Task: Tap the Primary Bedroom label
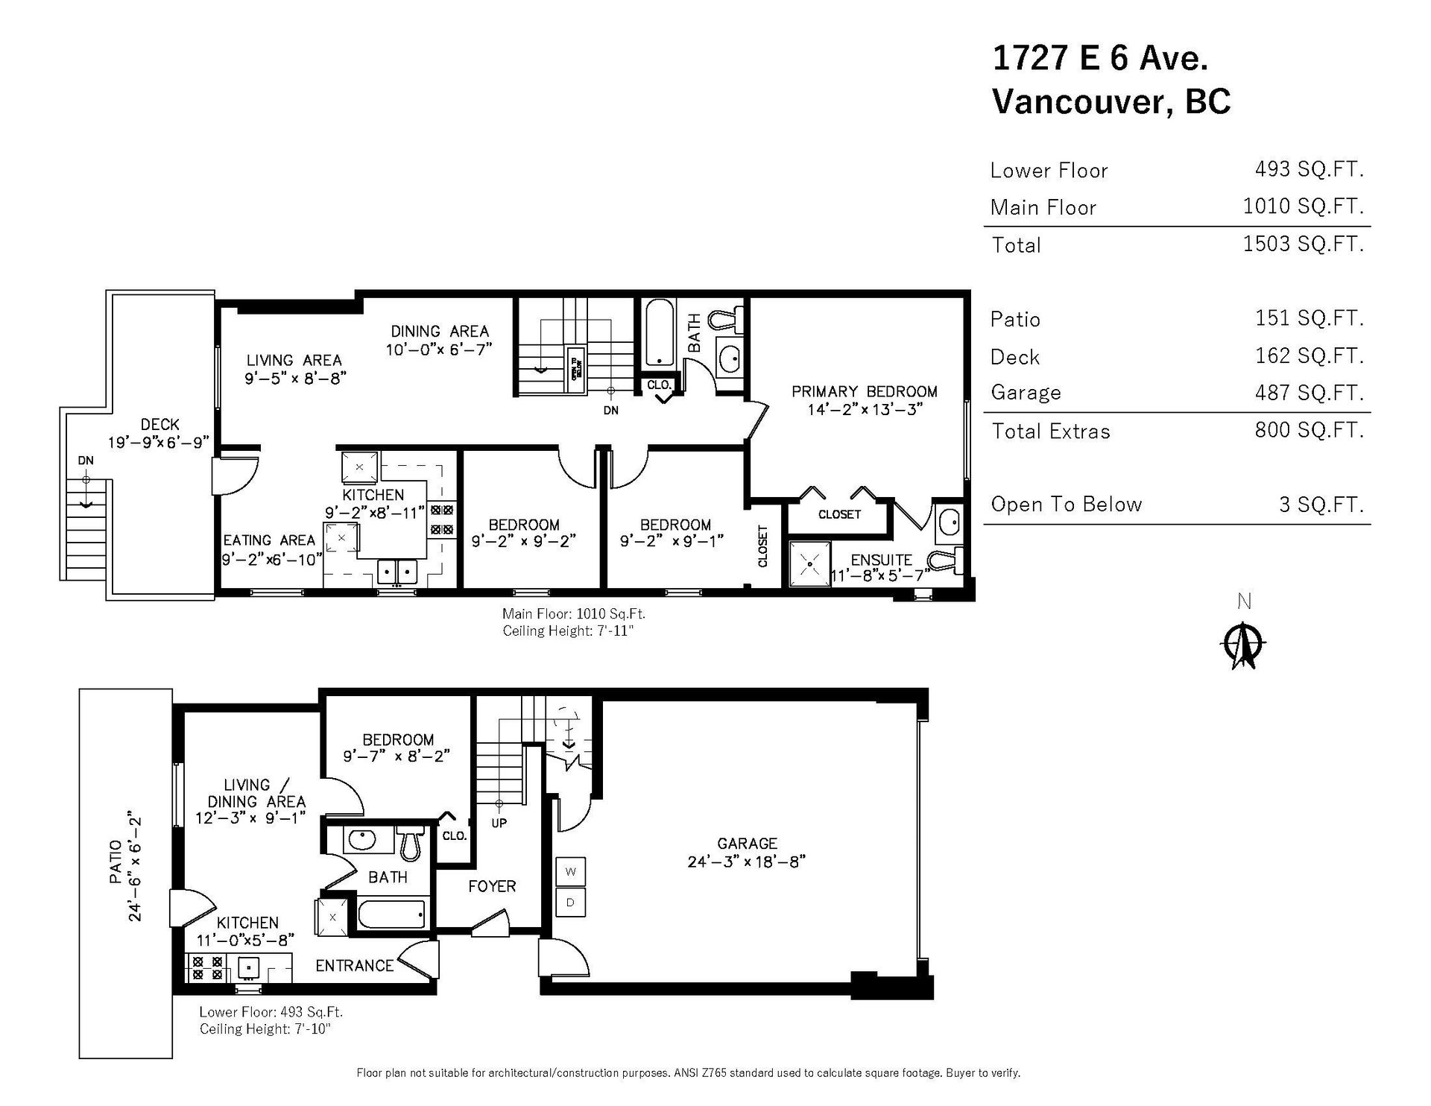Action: pyautogui.click(x=865, y=391)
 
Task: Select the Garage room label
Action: pyautogui.click(x=747, y=844)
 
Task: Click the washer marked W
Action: pyautogui.click(x=571, y=871)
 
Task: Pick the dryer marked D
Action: pyautogui.click(x=571, y=903)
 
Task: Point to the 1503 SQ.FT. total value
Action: pyautogui.click(x=1304, y=244)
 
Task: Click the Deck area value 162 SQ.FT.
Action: pyautogui.click(x=1310, y=355)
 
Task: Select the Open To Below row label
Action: pyautogui.click(x=1067, y=505)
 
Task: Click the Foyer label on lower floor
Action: pyautogui.click(x=492, y=886)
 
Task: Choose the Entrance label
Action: pyautogui.click(x=354, y=966)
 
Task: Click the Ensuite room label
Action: pyautogui.click(x=882, y=560)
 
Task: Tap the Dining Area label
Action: pyautogui.click(x=440, y=331)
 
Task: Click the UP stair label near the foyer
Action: pyautogui.click(x=499, y=824)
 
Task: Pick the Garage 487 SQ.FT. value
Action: pyautogui.click(x=1310, y=393)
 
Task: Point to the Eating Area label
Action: pyautogui.click(x=269, y=540)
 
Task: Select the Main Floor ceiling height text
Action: pyautogui.click(x=568, y=631)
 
